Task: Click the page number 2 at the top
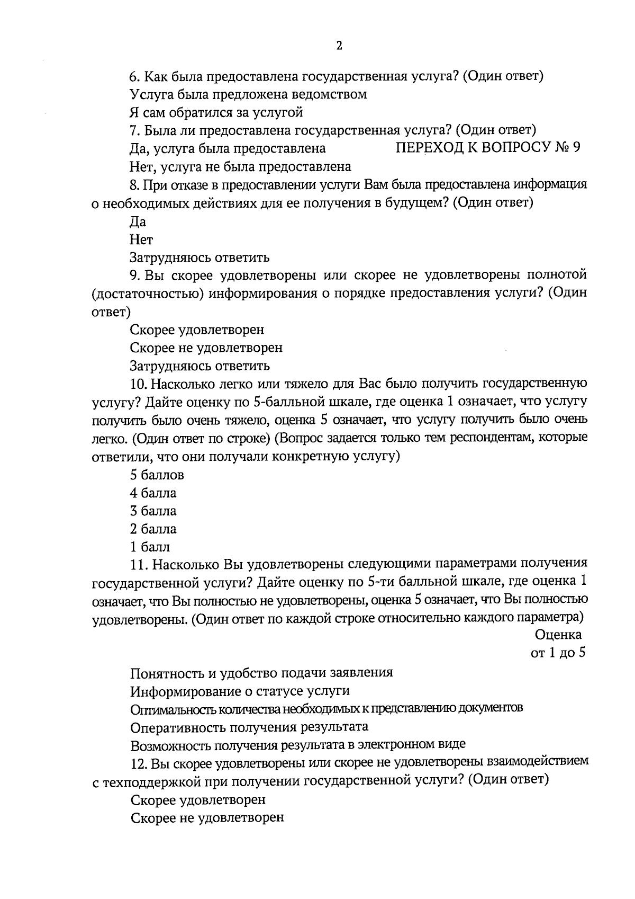[x=339, y=46]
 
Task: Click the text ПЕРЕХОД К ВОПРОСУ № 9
[x=488, y=147]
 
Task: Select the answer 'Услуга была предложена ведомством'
[x=248, y=94]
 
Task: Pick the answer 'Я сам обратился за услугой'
[x=216, y=112]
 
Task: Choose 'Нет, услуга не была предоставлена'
[x=240, y=167]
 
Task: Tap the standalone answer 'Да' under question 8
[x=138, y=221]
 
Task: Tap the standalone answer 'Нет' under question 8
[x=141, y=239]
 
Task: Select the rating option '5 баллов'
[x=157, y=475]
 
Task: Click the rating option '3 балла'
[x=153, y=511]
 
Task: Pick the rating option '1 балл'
[x=150, y=547]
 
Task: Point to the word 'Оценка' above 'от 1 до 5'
[x=558, y=635]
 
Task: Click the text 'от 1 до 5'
[x=558, y=653]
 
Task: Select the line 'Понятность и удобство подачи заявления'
[x=261, y=673]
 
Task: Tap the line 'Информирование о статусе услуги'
[x=240, y=691]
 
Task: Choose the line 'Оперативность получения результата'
[x=249, y=726]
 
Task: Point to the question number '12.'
[x=138, y=762]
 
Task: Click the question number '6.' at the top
[x=134, y=76]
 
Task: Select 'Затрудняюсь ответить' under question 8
[x=200, y=257]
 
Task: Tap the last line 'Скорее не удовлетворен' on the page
[x=207, y=817]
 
